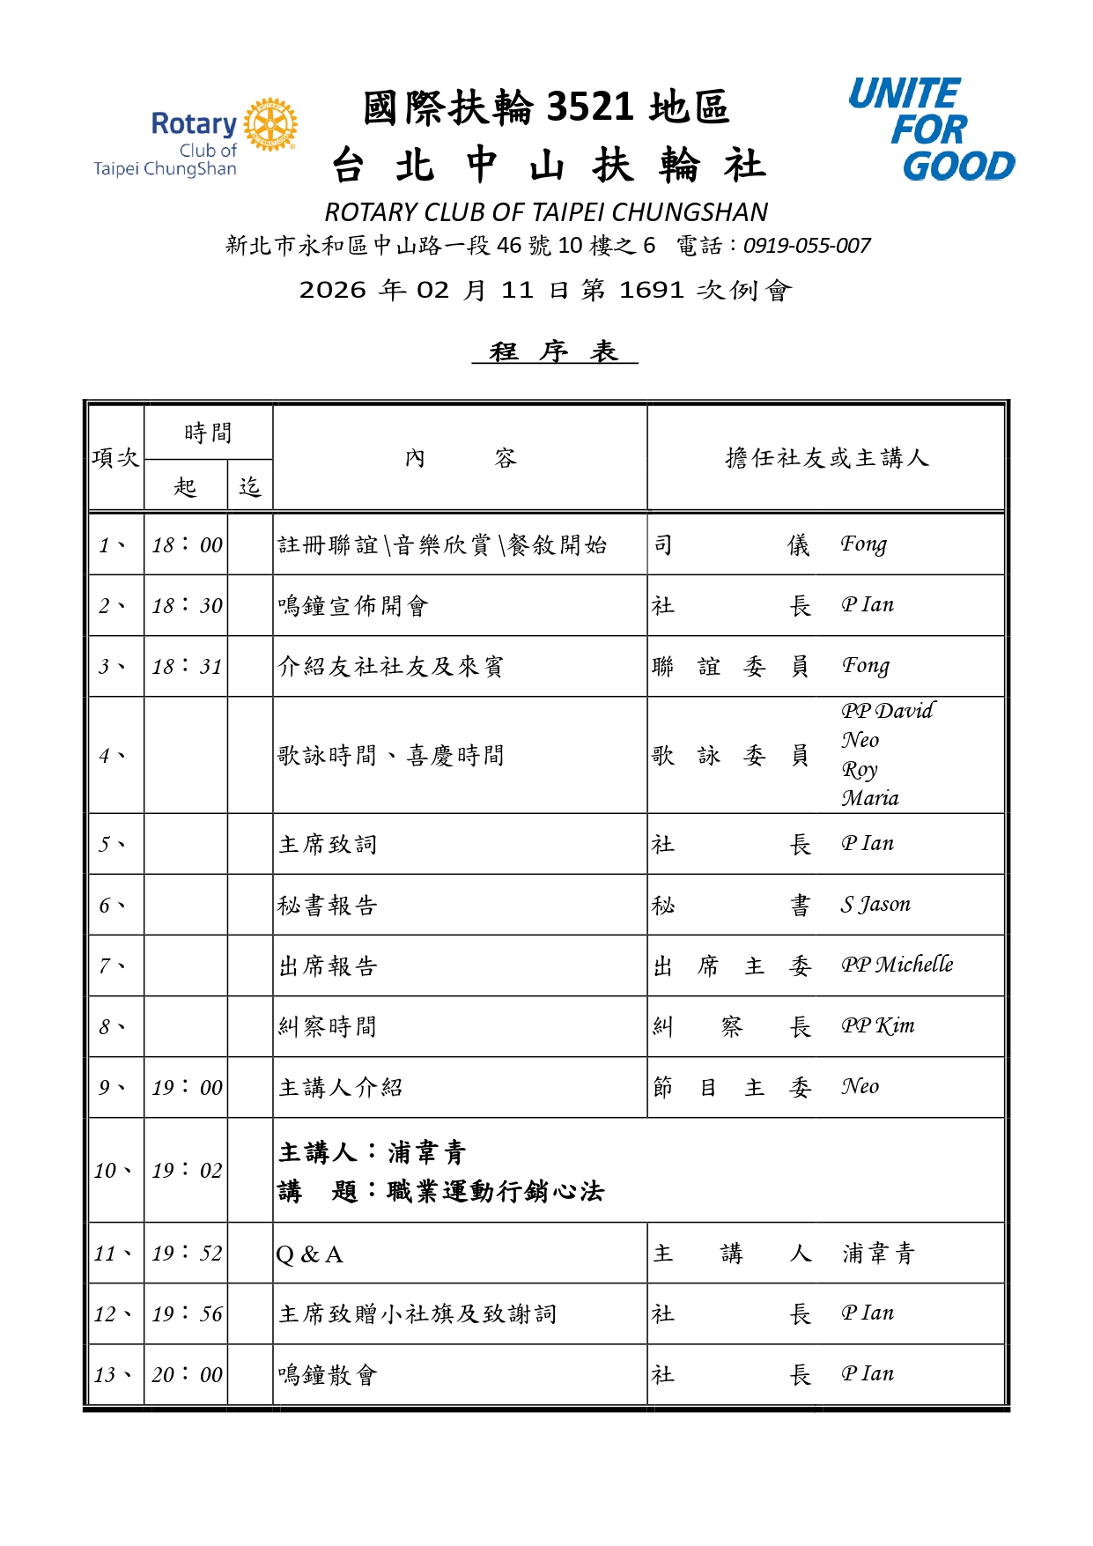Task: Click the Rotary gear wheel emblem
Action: pos(270,124)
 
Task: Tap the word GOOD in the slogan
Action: pos(958,166)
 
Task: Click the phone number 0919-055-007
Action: pos(807,246)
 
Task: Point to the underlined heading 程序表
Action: pos(554,351)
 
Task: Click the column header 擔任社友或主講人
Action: pos(826,458)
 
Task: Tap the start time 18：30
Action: pos(187,606)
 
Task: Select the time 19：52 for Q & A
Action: pos(187,1253)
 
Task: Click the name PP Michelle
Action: pos(897,965)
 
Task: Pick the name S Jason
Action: pos(875,905)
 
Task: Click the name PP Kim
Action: pos(877,1026)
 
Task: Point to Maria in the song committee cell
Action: pos(870,798)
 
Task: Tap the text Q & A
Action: pos(309,1254)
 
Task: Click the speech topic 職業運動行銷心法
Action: pos(495,1192)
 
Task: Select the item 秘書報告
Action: pos(328,906)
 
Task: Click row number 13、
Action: pos(114,1375)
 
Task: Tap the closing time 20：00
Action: pos(187,1375)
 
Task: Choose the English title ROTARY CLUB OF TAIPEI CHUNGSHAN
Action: pos(546,212)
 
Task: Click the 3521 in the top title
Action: pos(590,107)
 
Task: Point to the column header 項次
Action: pos(115,458)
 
